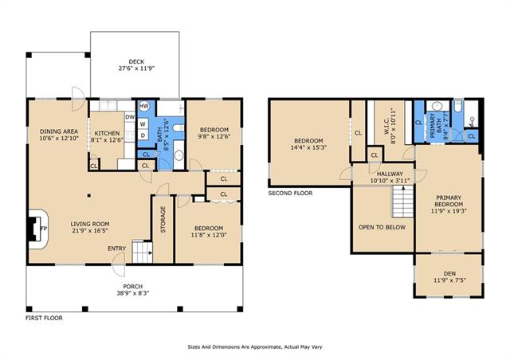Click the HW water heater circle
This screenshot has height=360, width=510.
[x=143, y=106]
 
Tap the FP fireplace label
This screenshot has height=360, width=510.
[x=44, y=229]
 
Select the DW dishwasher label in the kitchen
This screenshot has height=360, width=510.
[x=130, y=117]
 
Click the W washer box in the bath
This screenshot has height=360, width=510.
[x=143, y=124]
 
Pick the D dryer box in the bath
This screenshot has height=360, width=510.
[x=143, y=135]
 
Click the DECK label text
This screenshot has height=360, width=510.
[x=136, y=61]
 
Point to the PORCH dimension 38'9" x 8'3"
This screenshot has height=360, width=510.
[x=133, y=292]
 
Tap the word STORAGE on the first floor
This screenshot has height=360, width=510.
[x=163, y=219]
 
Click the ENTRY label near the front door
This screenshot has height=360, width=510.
[x=117, y=248]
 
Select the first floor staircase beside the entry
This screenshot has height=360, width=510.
[x=142, y=252]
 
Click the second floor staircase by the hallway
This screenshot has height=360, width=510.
[x=402, y=202]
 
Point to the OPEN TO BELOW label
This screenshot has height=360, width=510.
[x=382, y=227]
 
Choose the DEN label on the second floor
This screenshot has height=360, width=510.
[x=449, y=273]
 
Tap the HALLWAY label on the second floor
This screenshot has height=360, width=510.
[x=390, y=174]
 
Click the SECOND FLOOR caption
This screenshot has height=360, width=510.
[x=290, y=194]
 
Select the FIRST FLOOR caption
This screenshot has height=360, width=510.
[x=44, y=318]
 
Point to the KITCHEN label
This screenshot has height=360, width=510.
[x=107, y=133]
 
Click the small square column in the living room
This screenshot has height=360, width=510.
[x=88, y=195]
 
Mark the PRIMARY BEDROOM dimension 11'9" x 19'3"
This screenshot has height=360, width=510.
[x=449, y=210]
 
